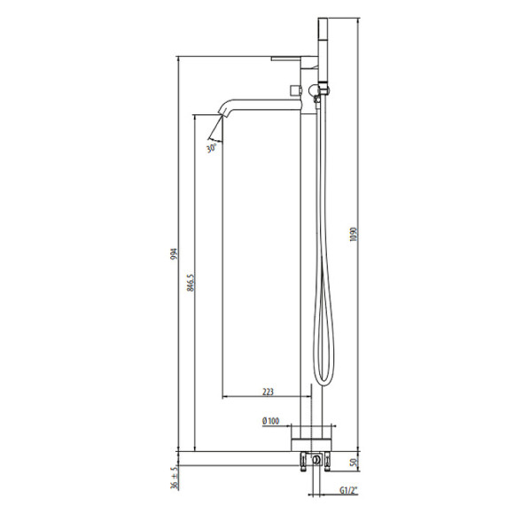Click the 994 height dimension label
pyautogui.click(x=174, y=253)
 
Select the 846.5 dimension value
pyautogui.click(x=191, y=283)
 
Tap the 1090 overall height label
pyautogui.click(x=353, y=234)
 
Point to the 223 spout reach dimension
pyautogui.click(x=268, y=392)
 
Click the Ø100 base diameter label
pyautogui.click(x=271, y=421)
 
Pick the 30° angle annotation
pyautogui.click(x=212, y=147)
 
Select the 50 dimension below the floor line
pyautogui.click(x=353, y=463)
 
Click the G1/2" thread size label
pyautogui.click(x=348, y=490)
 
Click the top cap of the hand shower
pyautogui.click(x=323, y=19)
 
